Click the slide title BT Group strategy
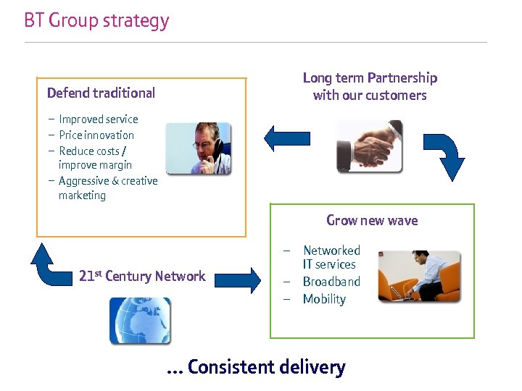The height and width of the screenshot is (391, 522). click(96, 20)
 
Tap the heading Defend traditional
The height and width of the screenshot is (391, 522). click(101, 93)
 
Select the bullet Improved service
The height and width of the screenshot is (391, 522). click(98, 119)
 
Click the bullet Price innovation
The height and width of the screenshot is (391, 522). click(96, 135)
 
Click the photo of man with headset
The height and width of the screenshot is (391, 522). click(198, 148)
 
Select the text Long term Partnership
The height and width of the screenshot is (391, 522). click(370, 78)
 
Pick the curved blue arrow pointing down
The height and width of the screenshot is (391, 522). click(444, 155)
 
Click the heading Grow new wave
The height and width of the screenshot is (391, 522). click(372, 221)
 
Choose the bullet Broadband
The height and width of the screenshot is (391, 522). click(331, 282)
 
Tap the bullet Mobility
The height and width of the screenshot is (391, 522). click(324, 299)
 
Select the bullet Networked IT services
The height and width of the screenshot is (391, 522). click(331, 257)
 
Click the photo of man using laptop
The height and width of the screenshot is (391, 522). click(419, 276)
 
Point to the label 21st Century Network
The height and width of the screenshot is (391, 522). click(142, 276)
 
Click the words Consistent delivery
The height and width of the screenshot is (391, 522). click(266, 367)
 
